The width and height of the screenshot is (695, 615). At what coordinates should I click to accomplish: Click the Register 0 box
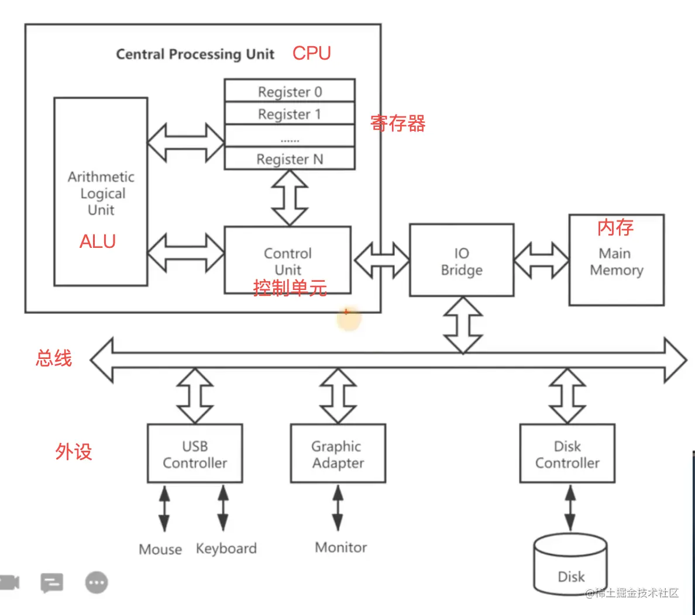290,91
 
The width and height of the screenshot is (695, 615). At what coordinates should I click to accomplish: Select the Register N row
290,159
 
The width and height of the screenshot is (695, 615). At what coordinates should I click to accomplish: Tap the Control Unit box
288,260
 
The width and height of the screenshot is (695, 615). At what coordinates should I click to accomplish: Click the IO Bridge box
462,261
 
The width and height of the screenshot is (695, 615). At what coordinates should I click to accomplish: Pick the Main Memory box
616,261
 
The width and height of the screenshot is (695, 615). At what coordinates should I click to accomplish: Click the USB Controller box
195,454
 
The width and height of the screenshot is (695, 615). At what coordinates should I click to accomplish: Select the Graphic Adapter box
338,454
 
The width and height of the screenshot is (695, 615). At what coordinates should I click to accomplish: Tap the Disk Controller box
567,454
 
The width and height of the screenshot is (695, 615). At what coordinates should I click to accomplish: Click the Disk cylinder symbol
570,564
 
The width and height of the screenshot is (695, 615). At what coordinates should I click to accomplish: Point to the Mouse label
160,550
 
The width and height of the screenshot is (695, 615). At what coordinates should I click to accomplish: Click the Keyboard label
226,548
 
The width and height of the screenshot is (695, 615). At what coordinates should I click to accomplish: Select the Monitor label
340,547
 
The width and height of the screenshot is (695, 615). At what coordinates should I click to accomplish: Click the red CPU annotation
311,53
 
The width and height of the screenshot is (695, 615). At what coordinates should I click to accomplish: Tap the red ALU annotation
97,241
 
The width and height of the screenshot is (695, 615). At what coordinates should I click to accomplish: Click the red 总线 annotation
54,358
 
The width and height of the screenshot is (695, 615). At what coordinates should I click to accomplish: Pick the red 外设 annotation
74,451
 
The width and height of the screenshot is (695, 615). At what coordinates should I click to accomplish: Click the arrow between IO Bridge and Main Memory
541,260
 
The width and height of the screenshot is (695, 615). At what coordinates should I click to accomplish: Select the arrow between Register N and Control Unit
290,198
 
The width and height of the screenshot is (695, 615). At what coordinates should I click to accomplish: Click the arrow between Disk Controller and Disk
570,508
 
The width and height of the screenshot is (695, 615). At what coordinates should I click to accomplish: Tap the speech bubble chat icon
51,582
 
